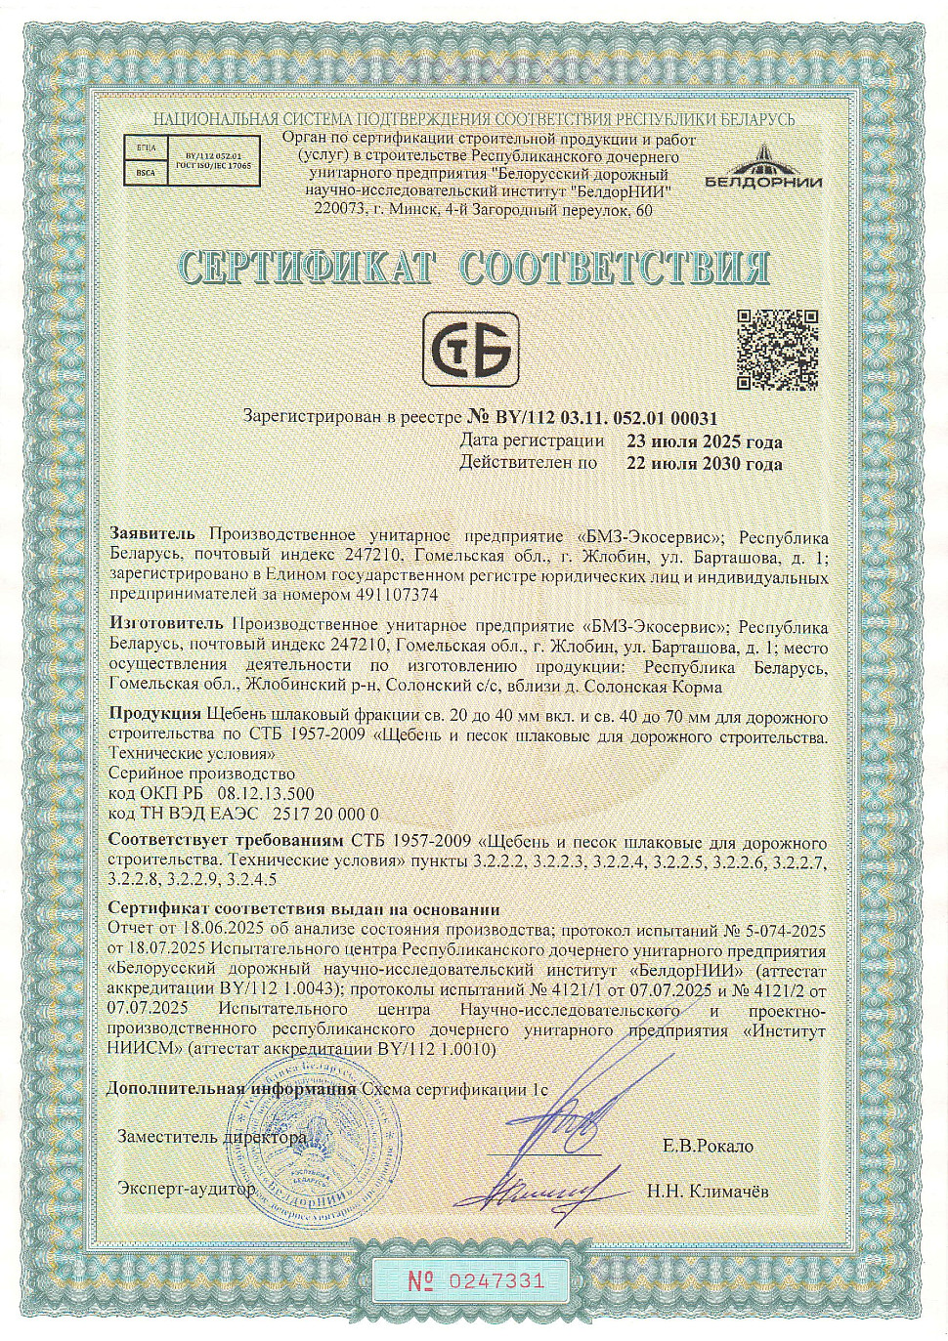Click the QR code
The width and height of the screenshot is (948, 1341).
pyautogui.click(x=777, y=349)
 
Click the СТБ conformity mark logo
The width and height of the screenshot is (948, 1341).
pyautogui.click(x=470, y=349)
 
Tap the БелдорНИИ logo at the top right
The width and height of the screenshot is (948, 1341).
pyautogui.click(x=763, y=167)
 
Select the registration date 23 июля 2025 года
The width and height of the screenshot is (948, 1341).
pyautogui.click(x=705, y=441)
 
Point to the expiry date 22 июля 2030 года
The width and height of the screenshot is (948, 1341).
pyautogui.click(x=705, y=464)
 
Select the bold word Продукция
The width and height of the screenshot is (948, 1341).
pyautogui.click(x=155, y=715)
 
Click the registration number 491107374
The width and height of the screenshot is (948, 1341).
pyautogui.click(x=396, y=594)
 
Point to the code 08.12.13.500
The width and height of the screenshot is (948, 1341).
pyautogui.click(x=266, y=794)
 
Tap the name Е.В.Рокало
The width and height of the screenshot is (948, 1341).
pyautogui.click(x=709, y=1146)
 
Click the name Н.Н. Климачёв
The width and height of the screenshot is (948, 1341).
pyautogui.click(x=708, y=1191)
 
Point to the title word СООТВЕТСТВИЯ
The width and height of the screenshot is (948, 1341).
pyautogui.click(x=614, y=267)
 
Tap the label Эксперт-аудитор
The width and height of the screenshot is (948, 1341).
pyautogui.click(x=186, y=1188)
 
